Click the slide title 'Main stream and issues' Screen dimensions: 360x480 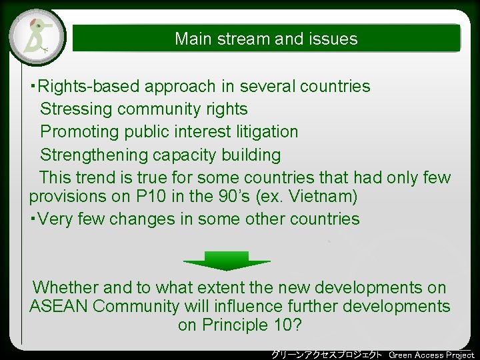tap(266, 39)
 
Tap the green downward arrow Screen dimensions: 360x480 tap(226, 261)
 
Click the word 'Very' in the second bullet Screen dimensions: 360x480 tap(57, 219)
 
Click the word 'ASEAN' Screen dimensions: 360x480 tap(59, 307)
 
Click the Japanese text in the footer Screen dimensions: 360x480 tap(327, 354)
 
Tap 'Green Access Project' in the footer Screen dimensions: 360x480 tap(431, 354)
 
